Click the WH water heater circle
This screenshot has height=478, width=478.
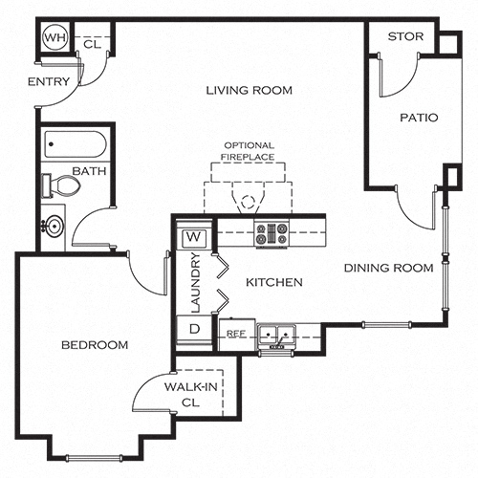click(x=55, y=37)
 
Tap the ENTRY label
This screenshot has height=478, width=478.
click(x=49, y=82)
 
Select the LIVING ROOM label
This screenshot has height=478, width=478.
click(x=249, y=91)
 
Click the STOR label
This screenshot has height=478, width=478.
click(x=405, y=36)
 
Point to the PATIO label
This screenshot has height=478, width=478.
click(x=419, y=118)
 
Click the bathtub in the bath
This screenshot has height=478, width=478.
click(x=76, y=144)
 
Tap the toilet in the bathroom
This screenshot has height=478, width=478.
click(x=61, y=185)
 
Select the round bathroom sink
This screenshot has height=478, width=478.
click(x=54, y=226)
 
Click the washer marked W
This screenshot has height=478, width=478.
click(x=194, y=238)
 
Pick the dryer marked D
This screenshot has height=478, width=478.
click(x=194, y=329)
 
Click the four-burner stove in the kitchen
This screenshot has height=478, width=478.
click(x=272, y=233)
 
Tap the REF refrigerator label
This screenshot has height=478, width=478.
click(x=236, y=334)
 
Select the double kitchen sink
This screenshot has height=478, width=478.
click(x=276, y=335)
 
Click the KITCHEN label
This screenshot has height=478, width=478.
click(x=274, y=282)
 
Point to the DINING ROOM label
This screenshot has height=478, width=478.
click(x=388, y=268)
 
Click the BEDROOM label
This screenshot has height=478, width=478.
click(x=95, y=345)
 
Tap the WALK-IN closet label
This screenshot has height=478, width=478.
click(x=191, y=387)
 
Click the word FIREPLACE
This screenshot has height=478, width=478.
click(x=248, y=157)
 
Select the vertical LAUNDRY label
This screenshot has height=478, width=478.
click(x=195, y=283)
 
